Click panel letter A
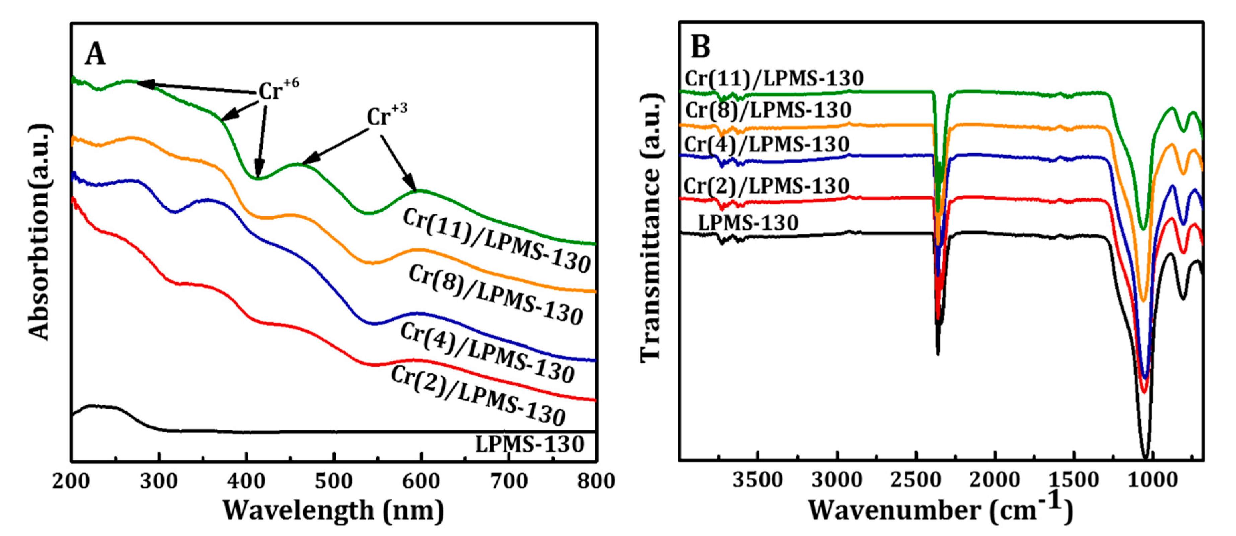(95, 54)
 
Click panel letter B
(700, 47)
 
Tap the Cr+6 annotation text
(278, 90)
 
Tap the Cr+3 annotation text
(386, 115)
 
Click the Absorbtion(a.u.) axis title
(39, 233)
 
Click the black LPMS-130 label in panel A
(529, 444)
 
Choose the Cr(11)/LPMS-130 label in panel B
(774, 79)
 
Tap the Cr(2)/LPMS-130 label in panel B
(766, 186)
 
